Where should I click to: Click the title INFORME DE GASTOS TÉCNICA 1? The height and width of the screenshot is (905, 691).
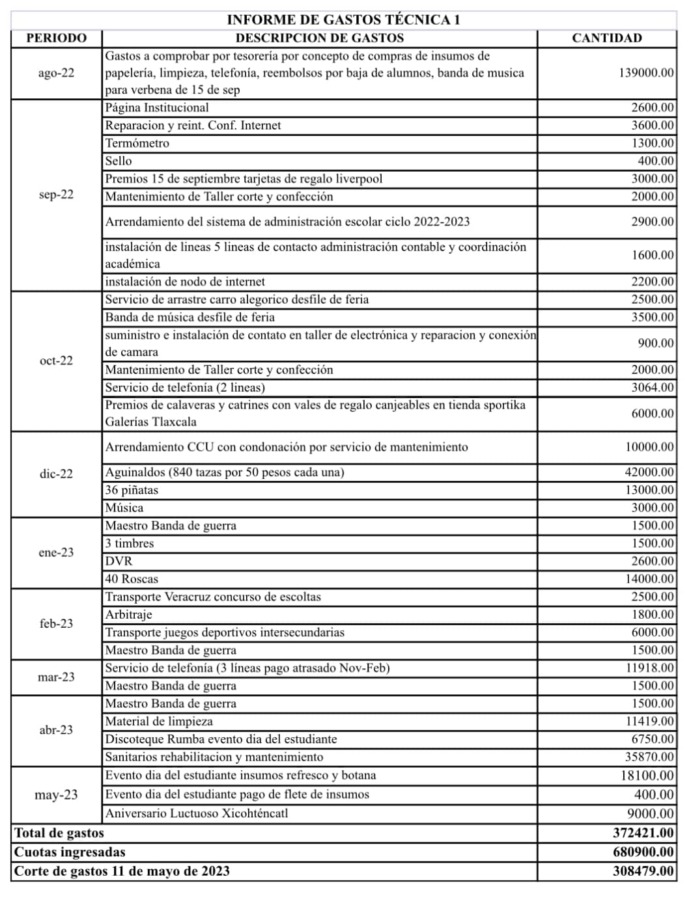tap(343, 20)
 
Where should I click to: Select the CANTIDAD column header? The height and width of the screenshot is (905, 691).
tap(606, 38)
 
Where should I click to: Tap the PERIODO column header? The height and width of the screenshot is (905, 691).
tap(56, 38)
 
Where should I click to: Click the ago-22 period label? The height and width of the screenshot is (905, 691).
tap(56, 73)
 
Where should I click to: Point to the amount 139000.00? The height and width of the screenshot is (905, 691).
tap(646, 73)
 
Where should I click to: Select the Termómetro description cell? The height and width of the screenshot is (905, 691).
tap(137, 143)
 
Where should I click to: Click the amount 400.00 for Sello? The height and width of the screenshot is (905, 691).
tap(655, 161)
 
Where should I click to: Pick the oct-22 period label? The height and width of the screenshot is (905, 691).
tap(56, 360)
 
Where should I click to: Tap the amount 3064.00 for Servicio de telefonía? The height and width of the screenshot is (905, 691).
tap(652, 387)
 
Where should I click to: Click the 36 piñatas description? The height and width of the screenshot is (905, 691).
tap(132, 490)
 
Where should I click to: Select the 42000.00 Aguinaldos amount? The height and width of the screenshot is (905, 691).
tap(649, 472)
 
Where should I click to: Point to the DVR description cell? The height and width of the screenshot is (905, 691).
tap(119, 561)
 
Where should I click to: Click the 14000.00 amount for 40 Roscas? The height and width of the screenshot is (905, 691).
tap(649, 578)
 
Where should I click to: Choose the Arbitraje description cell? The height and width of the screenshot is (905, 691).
tap(129, 614)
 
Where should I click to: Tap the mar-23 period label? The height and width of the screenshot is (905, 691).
tap(56, 677)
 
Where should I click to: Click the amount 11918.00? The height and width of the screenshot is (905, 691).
tap(649, 668)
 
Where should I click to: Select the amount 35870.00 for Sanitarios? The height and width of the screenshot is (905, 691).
tap(649, 757)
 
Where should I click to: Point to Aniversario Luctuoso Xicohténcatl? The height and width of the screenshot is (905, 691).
tap(197, 813)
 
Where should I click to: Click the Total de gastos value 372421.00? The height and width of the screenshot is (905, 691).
tap(643, 833)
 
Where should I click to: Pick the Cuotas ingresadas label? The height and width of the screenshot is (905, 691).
tap(70, 852)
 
